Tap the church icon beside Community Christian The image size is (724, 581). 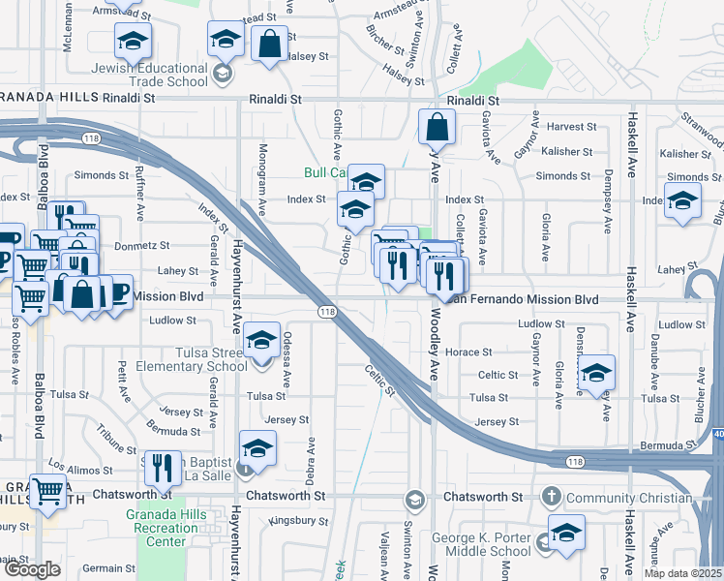click(x=552, y=497)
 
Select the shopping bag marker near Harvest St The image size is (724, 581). click(x=437, y=126)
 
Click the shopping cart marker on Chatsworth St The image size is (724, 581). click(x=48, y=492)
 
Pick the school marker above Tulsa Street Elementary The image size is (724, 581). click(x=261, y=340)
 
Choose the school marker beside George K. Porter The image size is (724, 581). click(x=566, y=533)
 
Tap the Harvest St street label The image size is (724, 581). click(x=571, y=127)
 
